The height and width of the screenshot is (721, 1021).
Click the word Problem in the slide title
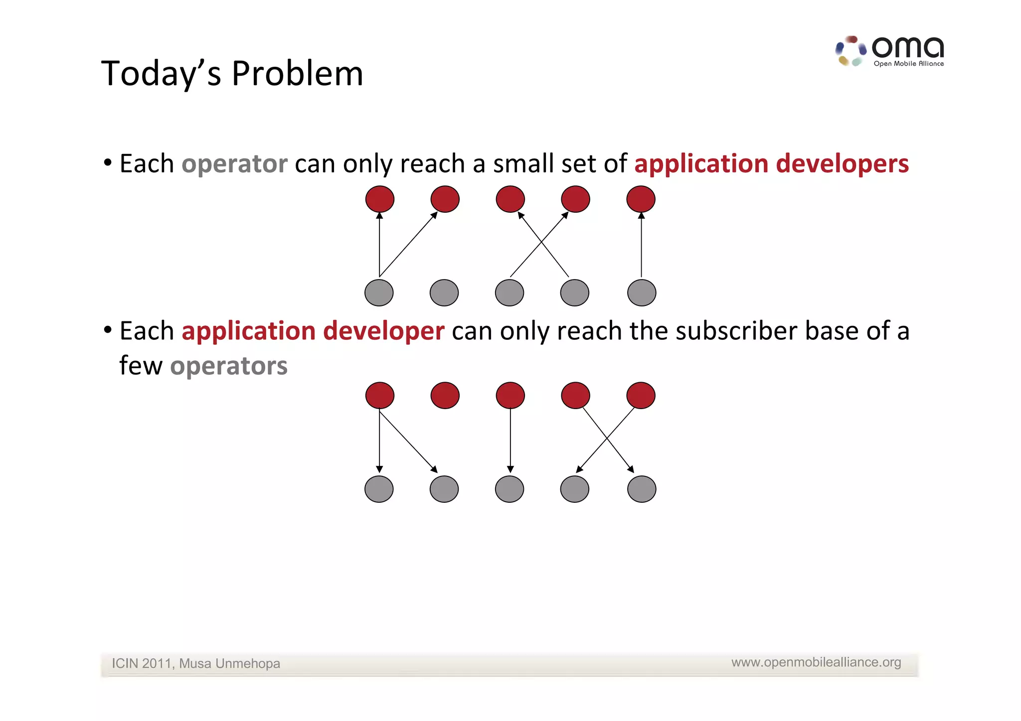click(x=297, y=74)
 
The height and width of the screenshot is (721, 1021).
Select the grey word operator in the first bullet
click(x=234, y=164)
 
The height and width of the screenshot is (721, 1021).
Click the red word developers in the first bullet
click(x=843, y=164)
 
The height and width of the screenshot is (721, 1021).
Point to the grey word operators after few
click(x=229, y=366)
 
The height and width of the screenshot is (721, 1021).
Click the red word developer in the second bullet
click(x=383, y=331)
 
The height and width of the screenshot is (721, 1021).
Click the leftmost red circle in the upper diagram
click(x=380, y=199)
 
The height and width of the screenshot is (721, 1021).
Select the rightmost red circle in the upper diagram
click(x=641, y=199)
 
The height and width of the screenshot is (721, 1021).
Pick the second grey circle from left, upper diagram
click(x=444, y=292)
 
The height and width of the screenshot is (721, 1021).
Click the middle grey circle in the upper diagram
click(x=510, y=292)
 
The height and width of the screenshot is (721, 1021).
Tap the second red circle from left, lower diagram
click(x=445, y=396)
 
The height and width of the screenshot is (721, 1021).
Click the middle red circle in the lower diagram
click(x=510, y=396)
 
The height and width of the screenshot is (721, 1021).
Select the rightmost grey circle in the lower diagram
click(x=642, y=489)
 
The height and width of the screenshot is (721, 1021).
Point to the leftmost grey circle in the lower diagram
click(x=379, y=489)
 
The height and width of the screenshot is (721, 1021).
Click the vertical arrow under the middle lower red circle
click(x=510, y=441)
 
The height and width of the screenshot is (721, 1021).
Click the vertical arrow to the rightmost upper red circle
click(x=641, y=245)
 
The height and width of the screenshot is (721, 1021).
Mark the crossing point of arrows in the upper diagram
click(x=541, y=243)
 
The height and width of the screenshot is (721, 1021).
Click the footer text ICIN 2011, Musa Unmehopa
click(x=195, y=664)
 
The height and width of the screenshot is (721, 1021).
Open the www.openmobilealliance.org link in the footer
click(x=816, y=662)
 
